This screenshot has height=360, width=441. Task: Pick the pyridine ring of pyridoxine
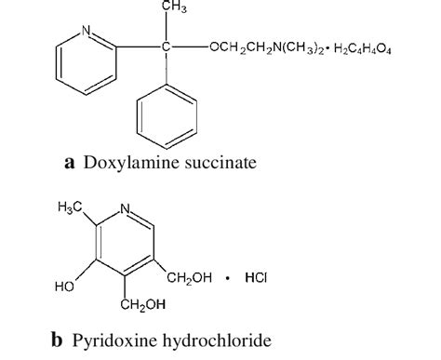(x=129, y=245)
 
